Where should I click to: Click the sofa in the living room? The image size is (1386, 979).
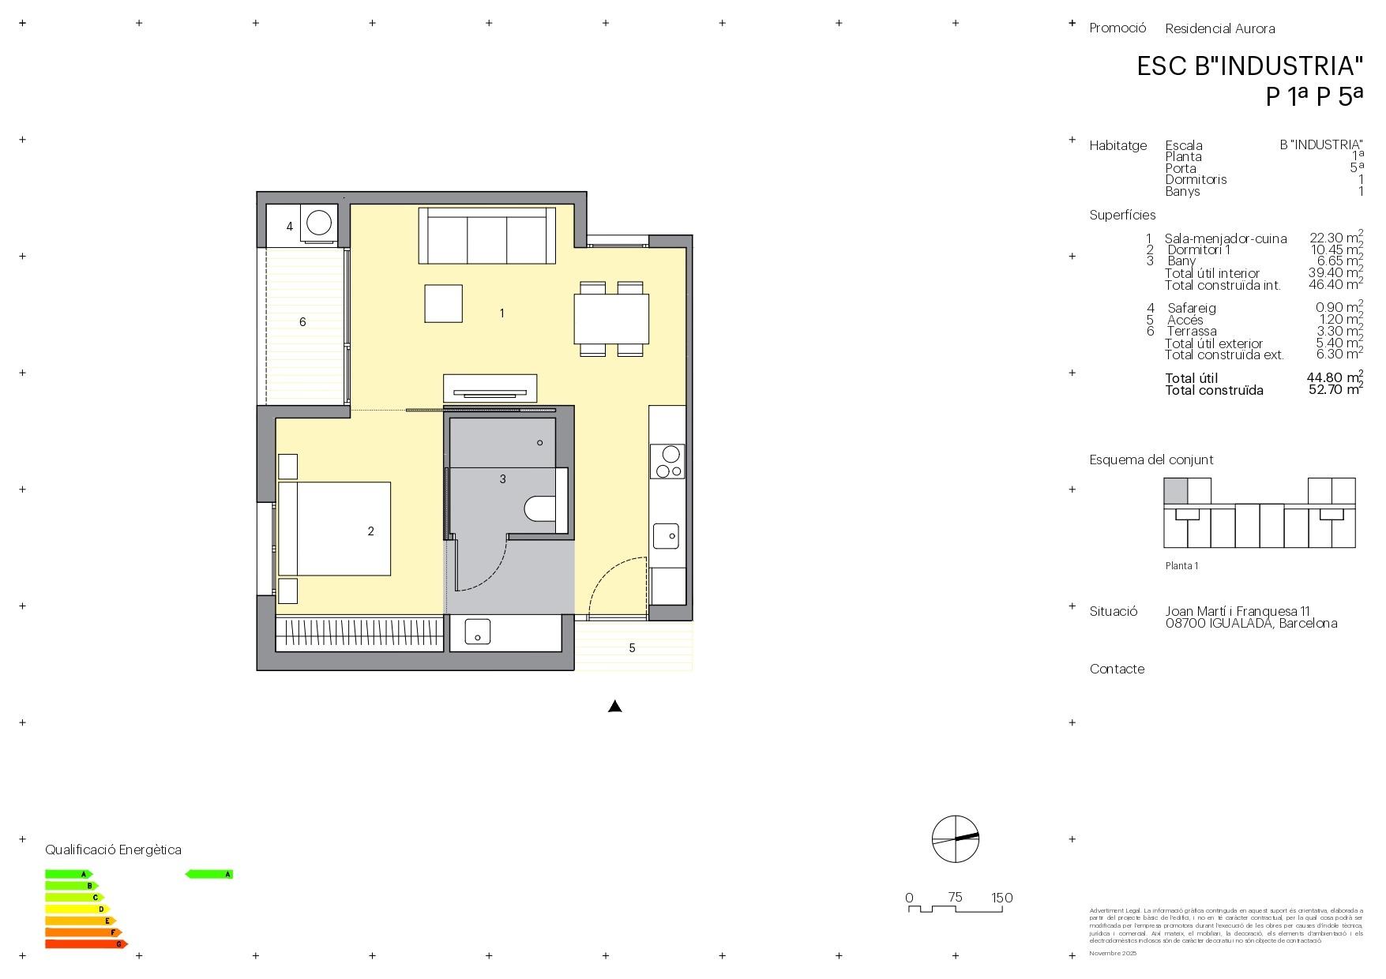[x=486, y=236]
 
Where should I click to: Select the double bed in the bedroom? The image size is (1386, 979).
[x=335, y=528]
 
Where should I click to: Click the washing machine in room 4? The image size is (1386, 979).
[x=319, y=223]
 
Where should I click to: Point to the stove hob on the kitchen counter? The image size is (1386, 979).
[x=668, y=461]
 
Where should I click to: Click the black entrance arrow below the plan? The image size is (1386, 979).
[x=615, y=707]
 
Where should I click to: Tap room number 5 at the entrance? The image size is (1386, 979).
[x=632, y=648]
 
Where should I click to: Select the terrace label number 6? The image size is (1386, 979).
[x=302, y=322]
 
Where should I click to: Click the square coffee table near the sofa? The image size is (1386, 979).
[x=443, y=303]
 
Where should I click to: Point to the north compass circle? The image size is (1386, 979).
[x=955, y=838]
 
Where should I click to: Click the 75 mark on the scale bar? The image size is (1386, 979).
[x=955, y=898]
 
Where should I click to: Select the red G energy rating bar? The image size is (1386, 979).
[x=85, y=944]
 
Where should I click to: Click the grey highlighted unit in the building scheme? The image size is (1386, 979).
[x=1175, y=491]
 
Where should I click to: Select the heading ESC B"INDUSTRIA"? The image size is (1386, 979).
[x=1249, y=66]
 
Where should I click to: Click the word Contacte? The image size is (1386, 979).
[x=1117, y=670]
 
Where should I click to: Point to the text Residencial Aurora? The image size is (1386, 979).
[x=1219, y=29]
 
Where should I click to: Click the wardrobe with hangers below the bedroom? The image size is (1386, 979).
[x=359, y=631]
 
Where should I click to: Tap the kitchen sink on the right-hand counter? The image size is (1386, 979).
[x=666, y=536]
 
